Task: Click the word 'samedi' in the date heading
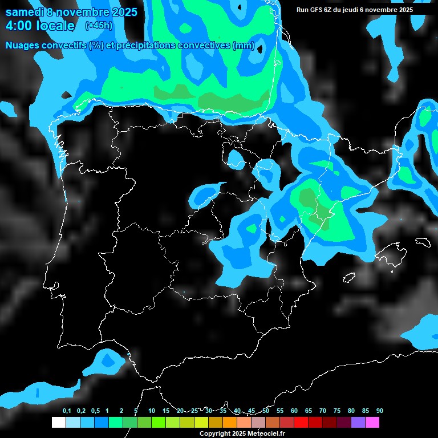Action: click(24, 12)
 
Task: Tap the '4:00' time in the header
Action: click(19, 26)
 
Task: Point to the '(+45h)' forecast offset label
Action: click(99, 25)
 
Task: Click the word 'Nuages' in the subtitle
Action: click(23, 46)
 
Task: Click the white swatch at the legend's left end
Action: click(58, 423)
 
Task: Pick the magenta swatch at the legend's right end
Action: click(372, 423)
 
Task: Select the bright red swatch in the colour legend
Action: click(301, 423)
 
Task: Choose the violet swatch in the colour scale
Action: click(358, 423)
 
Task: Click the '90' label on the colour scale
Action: click(380, 411)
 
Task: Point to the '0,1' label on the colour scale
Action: click(67, 411)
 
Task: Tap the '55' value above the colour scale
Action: click(280, 411)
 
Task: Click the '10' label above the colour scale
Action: click(152, 411)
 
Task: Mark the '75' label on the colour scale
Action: click(337, 411)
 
